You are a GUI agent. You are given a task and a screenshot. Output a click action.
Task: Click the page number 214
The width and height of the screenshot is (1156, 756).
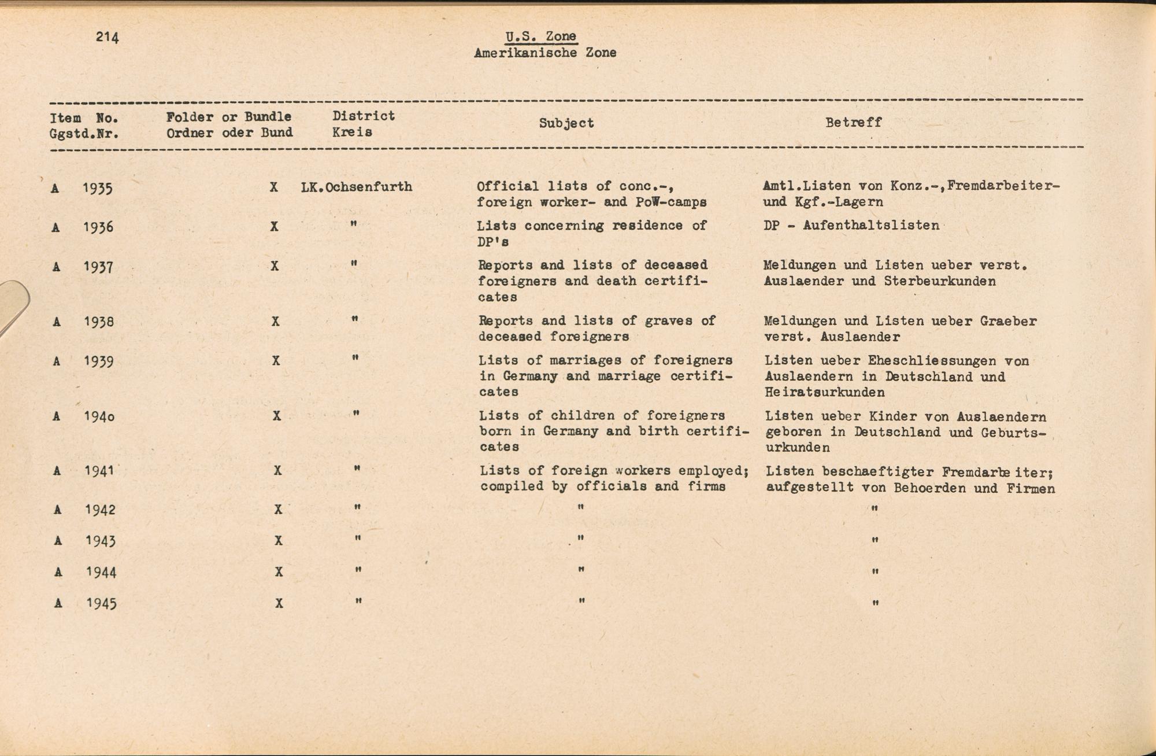108,37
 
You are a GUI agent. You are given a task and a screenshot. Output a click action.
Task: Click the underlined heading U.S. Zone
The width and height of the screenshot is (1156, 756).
541,36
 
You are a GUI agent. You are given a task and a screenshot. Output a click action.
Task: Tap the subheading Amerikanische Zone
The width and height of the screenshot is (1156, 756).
545,53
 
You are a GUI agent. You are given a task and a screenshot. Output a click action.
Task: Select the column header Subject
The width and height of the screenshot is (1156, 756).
566,123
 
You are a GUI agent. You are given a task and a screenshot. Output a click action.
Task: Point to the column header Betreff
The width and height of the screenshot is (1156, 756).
853,123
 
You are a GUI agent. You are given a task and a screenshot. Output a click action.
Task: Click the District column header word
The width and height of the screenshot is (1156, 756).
364,116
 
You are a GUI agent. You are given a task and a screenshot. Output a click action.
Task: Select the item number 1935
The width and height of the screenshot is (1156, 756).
97,189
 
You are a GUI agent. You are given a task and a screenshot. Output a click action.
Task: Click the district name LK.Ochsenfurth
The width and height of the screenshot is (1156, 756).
357,187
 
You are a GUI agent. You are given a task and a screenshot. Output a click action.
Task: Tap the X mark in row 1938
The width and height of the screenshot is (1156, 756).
276,321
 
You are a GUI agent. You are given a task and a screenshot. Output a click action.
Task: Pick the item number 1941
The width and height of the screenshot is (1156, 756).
99,471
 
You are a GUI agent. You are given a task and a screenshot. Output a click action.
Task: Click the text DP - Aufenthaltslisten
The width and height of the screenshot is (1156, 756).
851,226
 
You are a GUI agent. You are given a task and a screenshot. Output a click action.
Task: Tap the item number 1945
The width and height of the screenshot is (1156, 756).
101,604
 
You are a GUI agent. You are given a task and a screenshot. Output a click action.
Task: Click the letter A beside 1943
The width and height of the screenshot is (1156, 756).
58,541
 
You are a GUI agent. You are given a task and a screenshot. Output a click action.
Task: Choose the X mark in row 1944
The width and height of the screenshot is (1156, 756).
279,572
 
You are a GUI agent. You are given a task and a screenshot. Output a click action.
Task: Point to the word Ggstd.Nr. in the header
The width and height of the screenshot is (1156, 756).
84,134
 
